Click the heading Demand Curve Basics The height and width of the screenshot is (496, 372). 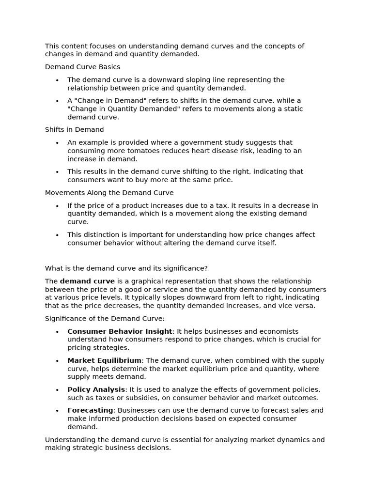(x=82, y=67)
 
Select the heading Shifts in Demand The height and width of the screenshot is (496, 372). (x=74, y=129)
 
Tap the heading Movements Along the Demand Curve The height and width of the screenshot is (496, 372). (x=109, y=192)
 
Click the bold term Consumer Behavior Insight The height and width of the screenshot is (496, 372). (x=120, y=331)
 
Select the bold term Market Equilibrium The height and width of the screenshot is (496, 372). (x=104, y=360)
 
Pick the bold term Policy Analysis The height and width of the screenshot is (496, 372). (x=96, y=389)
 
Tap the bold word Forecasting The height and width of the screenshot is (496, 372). (x=90, y=410)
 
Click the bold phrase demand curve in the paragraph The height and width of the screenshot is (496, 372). (x=87, y=281)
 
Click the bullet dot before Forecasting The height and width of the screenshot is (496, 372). (x=57, y=411)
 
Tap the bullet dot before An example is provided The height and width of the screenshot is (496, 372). (x=57, y=143)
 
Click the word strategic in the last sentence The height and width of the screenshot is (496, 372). (x=101, y=448)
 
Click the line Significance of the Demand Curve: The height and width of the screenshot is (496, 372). (x=105, y=318)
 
